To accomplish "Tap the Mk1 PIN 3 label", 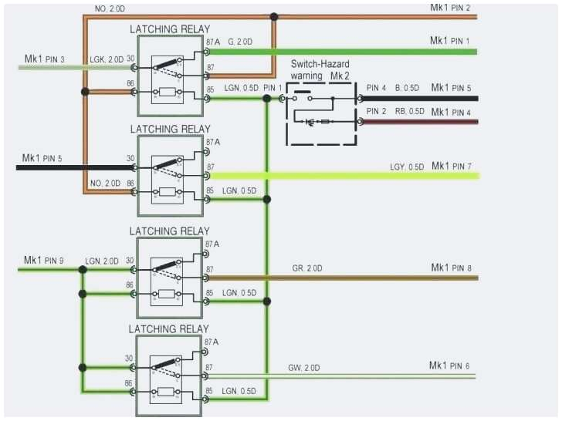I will tap(45, 59).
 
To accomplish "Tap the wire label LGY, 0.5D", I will tap(407, 167).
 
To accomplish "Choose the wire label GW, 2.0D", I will tap(304, 367).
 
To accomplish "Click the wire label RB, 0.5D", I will tap(409, 112).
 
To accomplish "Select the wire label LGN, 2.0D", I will tap(103, 261).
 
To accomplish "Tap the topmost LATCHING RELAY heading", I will tap(169, 29).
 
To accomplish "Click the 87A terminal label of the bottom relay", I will tap(212, 342).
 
